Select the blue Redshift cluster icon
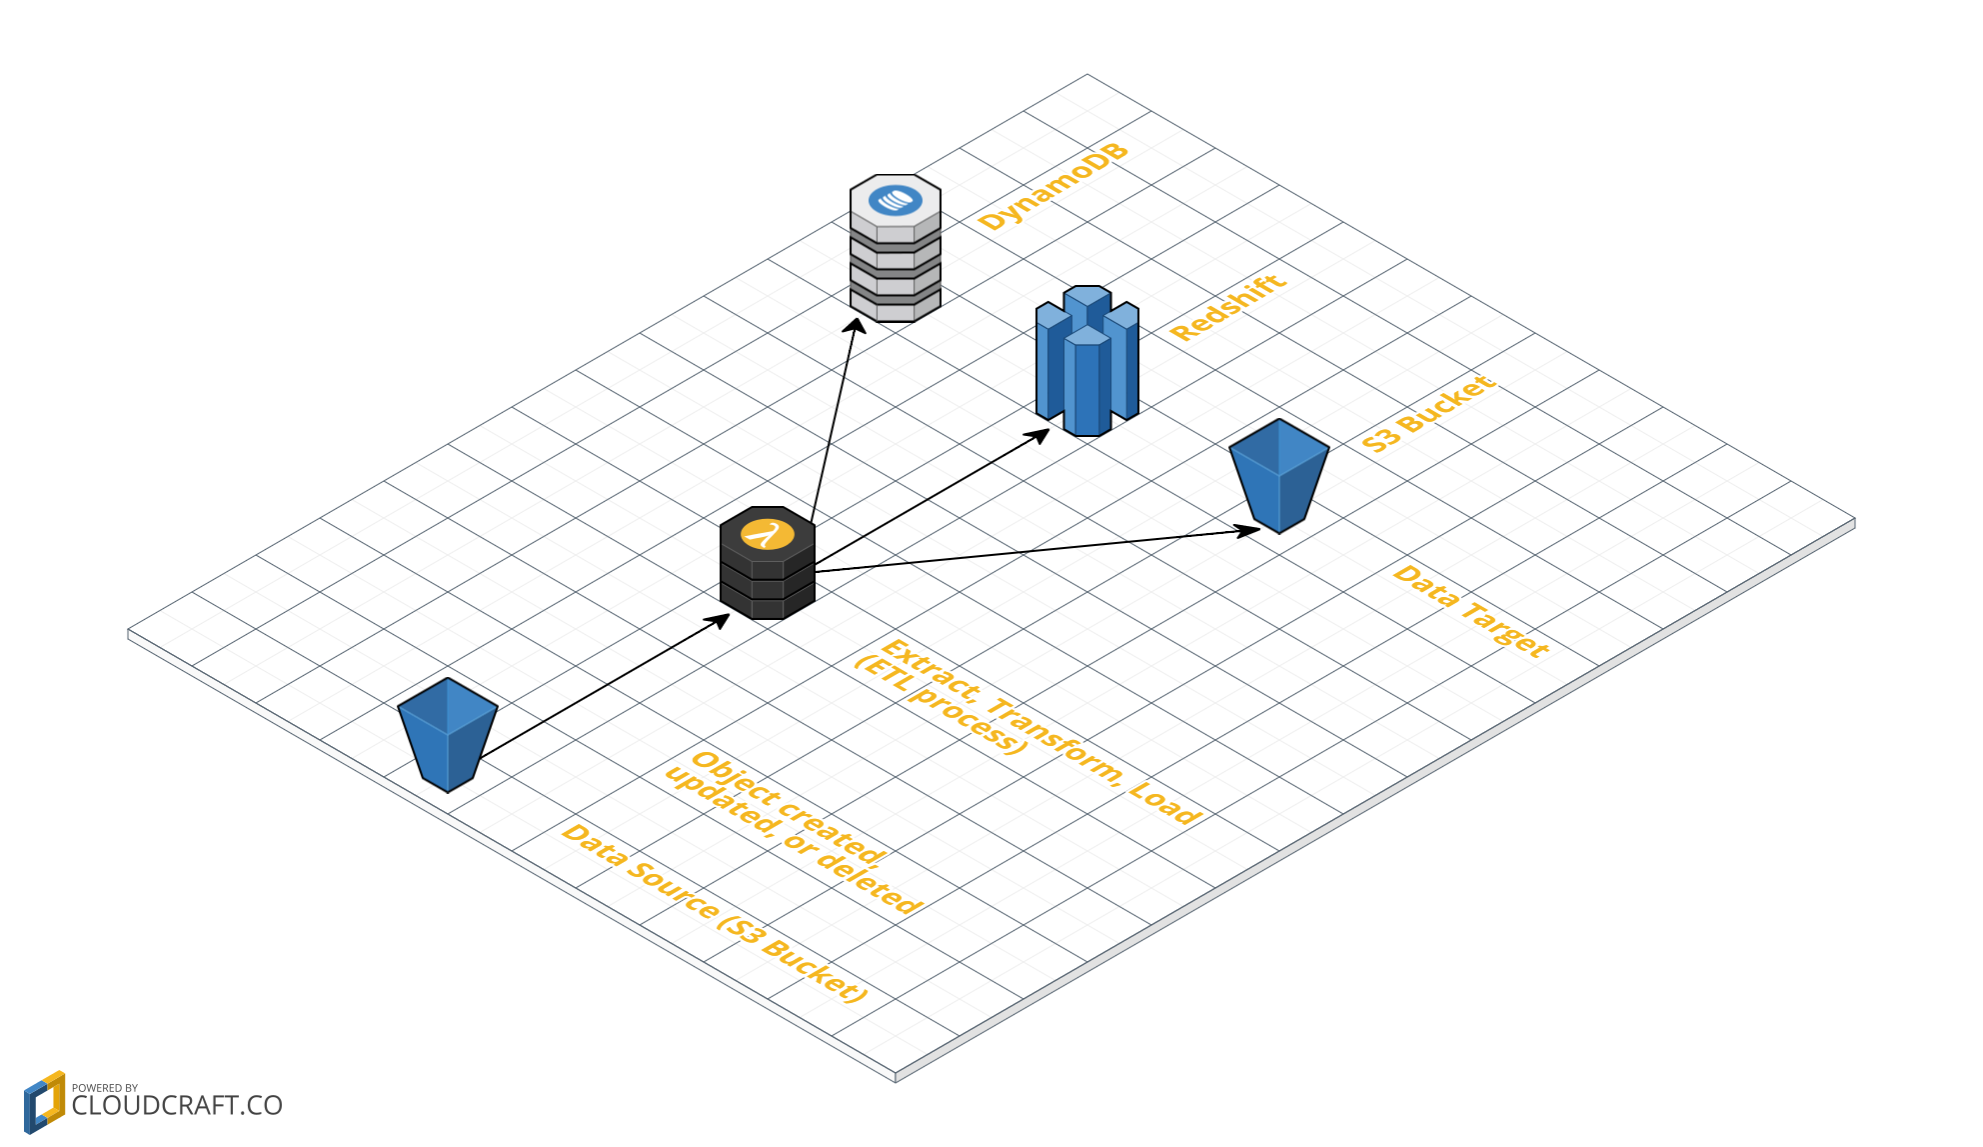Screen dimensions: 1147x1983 tap(1086, 361)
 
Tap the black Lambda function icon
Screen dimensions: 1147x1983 tap(767, 565)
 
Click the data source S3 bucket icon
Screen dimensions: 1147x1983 tap(447, 734)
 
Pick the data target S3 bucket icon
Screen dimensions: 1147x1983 tap(1278, 475)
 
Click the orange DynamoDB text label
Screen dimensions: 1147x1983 tap(1053, 186)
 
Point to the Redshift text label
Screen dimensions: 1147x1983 tap(1227, 307)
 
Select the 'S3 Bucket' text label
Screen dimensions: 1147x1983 tap(1429, 413)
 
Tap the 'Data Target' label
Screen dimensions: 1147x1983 tap(1470, 610)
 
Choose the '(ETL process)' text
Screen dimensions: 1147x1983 tap(940, 705)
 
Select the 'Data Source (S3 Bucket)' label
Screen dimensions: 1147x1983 tap(714, 912)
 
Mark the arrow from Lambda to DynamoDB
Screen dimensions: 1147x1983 tap(834, 420)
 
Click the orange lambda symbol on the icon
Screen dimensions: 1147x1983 tap(767, 534)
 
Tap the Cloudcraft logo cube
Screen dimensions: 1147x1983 tap(44, 1102)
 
